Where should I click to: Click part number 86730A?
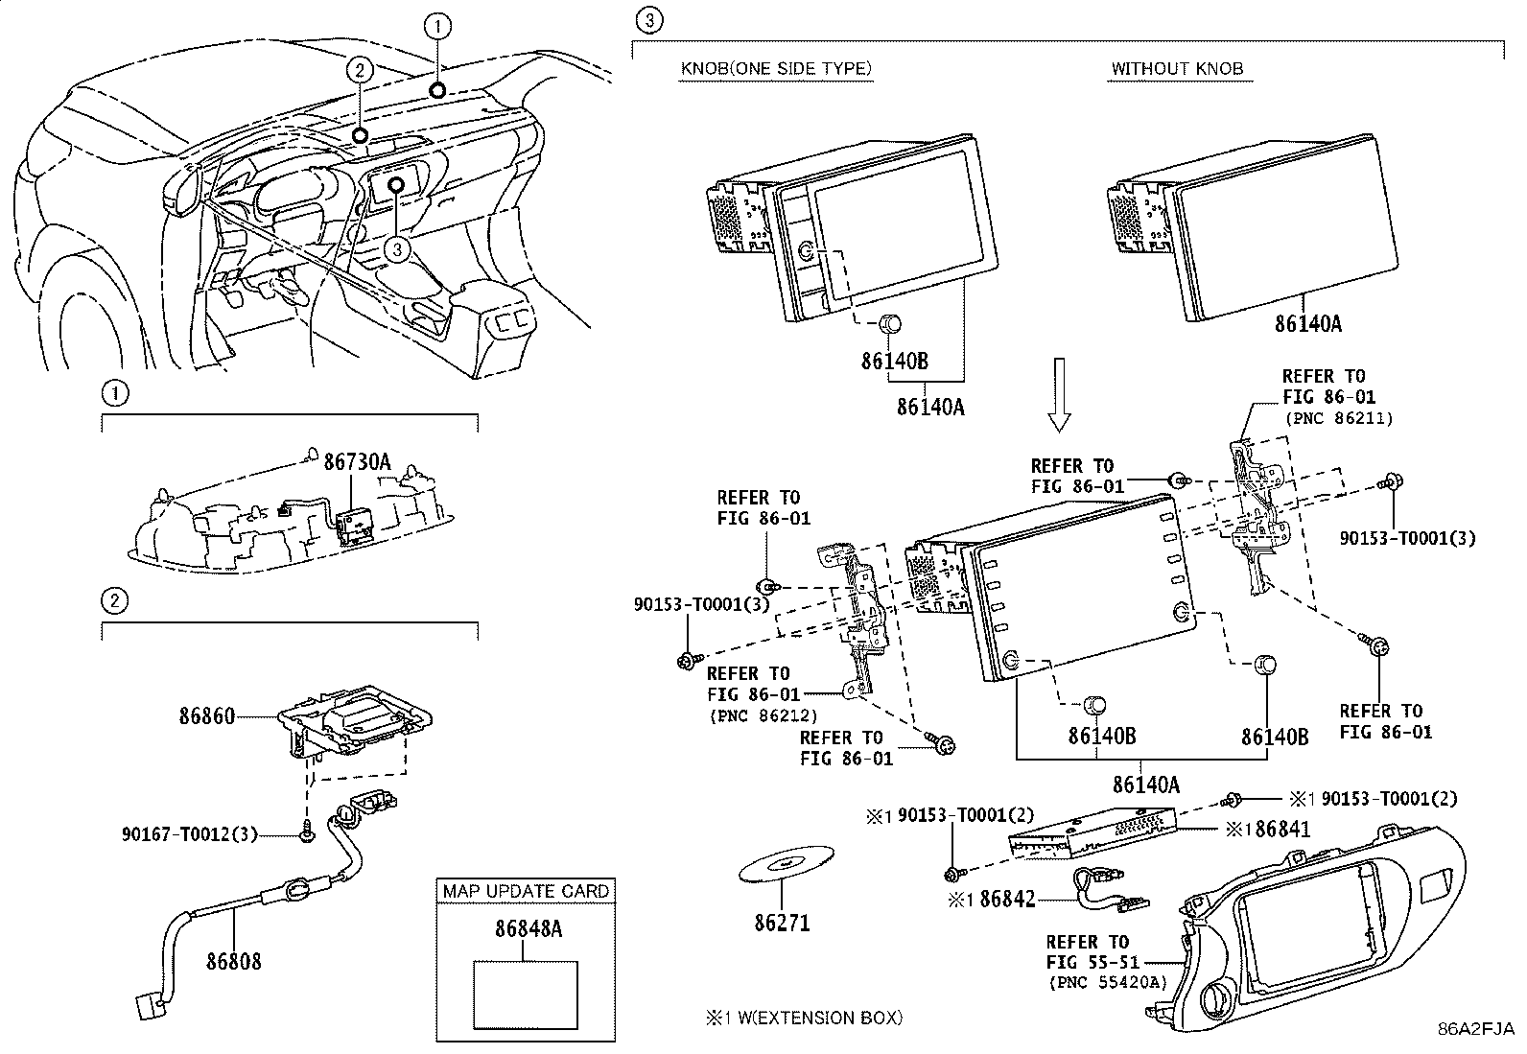pos(357,462)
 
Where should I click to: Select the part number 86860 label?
pos(206,715)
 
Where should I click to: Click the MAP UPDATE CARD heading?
pos(526,891)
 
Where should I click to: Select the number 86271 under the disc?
pos(782,923)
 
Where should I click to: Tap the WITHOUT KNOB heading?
pos(1177,69)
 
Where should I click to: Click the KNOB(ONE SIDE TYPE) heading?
pos(776,69)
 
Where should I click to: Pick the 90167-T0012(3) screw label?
pos(190,834)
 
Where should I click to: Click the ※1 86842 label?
pos(992,899)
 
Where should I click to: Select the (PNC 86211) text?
pos(1337,418)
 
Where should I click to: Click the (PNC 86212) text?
pos(763,714)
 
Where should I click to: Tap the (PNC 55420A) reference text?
pos(1108,982)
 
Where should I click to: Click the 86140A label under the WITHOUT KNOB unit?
pos(1307,324)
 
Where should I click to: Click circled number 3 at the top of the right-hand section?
pos(649,20)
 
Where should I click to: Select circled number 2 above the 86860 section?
pos(114,602)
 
